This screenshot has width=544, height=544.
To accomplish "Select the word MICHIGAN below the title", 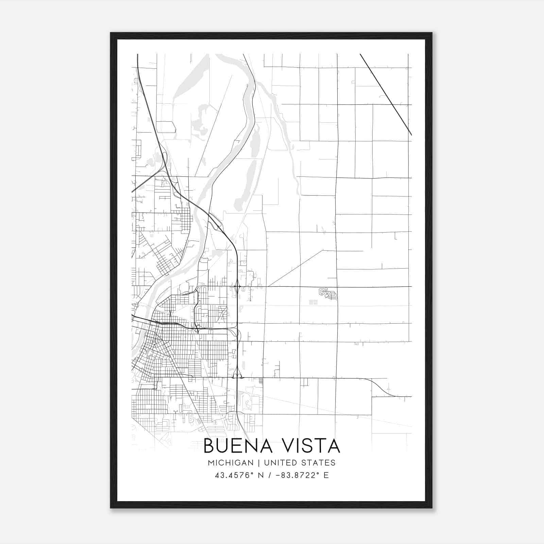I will [x=231, y=463].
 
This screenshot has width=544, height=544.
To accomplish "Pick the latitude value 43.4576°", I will [x=234, y=475].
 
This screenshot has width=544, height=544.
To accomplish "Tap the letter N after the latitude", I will [x=261, y=475].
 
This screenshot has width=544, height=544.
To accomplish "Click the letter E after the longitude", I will [x=326, y=475].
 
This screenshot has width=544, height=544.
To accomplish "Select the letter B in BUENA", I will [x=209, y=446].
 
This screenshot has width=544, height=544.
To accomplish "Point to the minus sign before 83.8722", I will [x=278, y=475].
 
